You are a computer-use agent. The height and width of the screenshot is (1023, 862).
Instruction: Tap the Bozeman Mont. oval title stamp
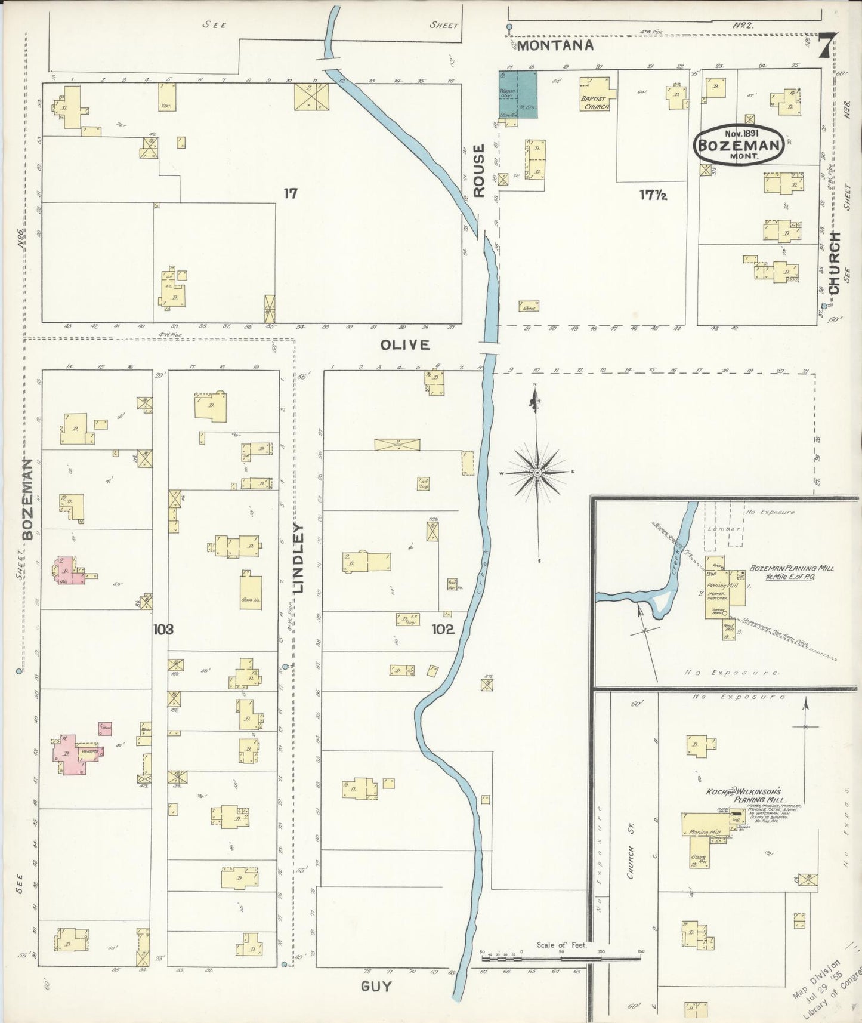pos(739,143)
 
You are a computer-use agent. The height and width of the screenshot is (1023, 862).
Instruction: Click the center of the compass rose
pos(537,472)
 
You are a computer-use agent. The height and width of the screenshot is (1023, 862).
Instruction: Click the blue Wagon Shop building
pos(518,94)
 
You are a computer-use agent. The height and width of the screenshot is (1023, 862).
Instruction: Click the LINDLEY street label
pos(298,559)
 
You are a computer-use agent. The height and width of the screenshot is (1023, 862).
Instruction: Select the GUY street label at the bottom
pos(376,987)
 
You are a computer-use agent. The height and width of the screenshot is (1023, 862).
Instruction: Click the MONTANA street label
pos(555,45)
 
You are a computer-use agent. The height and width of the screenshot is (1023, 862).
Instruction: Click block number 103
pos(162,628)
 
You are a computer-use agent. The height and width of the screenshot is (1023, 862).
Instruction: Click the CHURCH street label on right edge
pos(833,263)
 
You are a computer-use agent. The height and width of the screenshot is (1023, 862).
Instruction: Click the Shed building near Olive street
pos(529,306)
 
